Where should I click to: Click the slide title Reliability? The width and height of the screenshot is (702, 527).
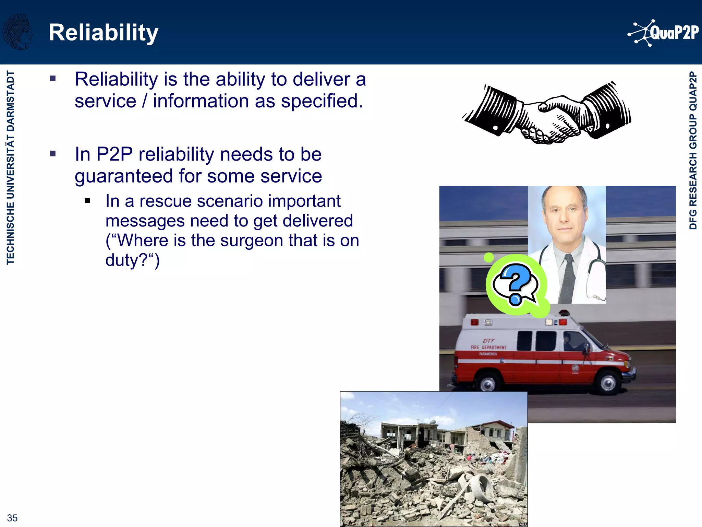point(104,33)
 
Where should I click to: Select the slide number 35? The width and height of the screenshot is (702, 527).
point(12,518)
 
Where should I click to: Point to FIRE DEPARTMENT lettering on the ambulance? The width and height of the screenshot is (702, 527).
point(488,347)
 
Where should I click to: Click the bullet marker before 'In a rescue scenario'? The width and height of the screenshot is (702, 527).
point(87,201)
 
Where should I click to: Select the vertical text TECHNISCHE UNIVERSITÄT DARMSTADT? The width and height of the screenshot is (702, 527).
point(11,167)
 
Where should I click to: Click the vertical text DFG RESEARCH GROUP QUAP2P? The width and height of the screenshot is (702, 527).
point(693,150)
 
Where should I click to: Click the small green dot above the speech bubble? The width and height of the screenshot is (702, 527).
point(489,257)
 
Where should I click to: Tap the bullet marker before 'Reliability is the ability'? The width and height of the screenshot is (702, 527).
point(52,79)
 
